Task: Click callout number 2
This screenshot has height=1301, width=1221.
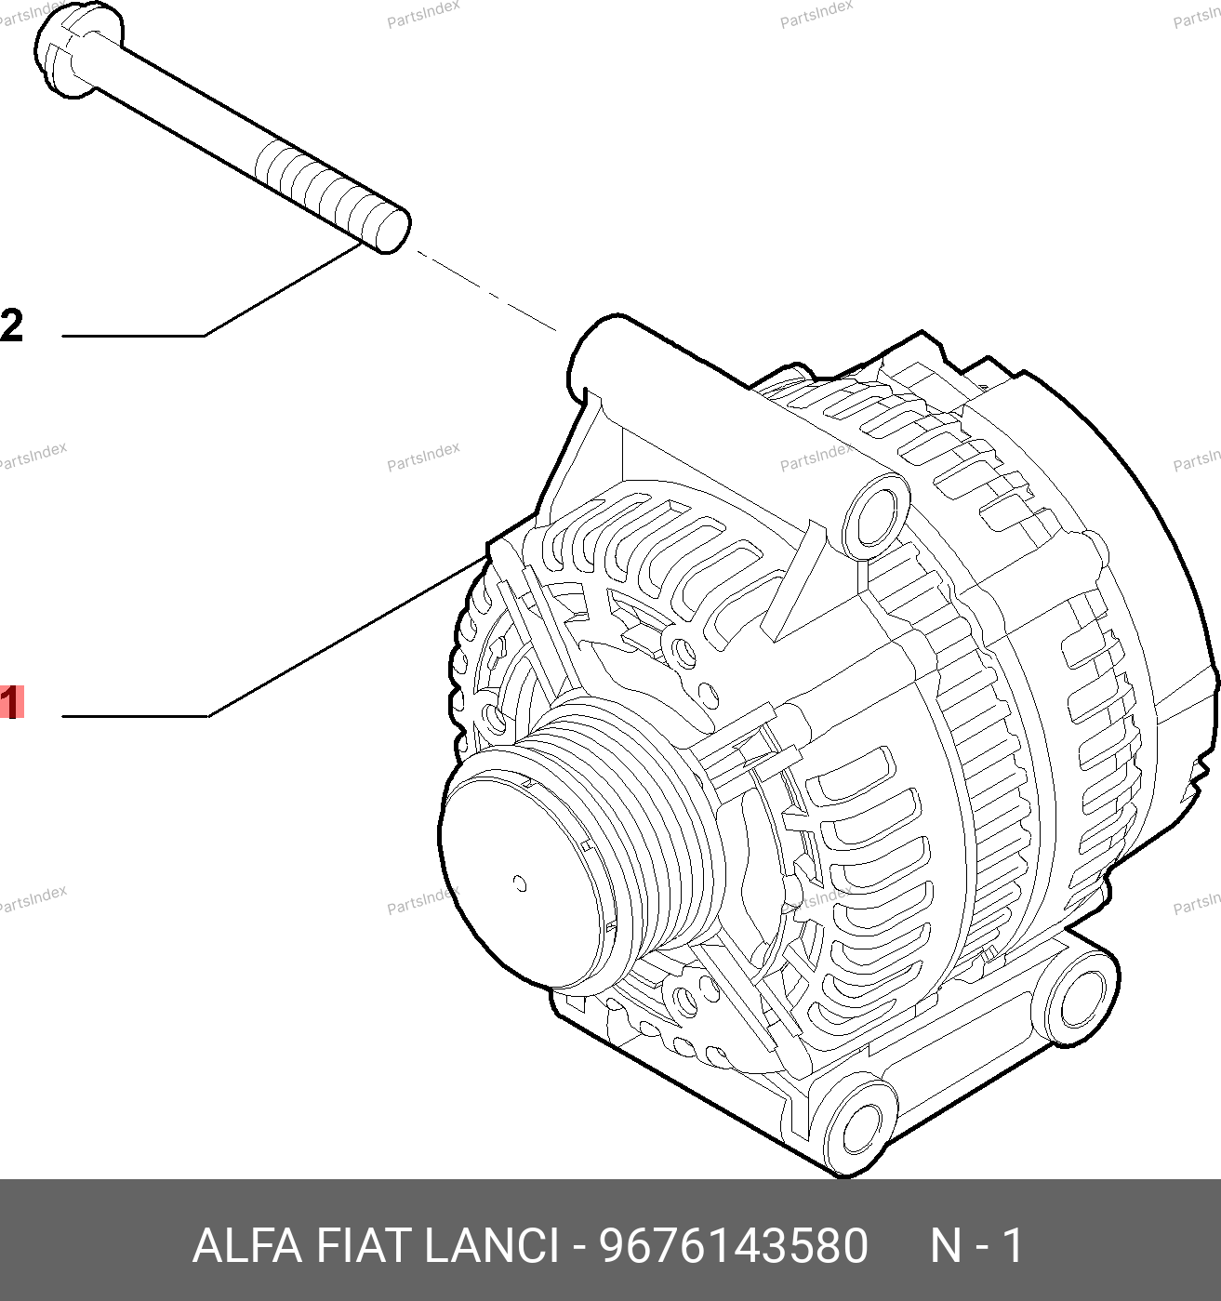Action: click(11, 325)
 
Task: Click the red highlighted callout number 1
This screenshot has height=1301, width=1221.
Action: click(11, 701)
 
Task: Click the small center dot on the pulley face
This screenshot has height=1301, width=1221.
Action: click(520, 884)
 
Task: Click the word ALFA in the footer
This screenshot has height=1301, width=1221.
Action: click(247, 1246)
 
